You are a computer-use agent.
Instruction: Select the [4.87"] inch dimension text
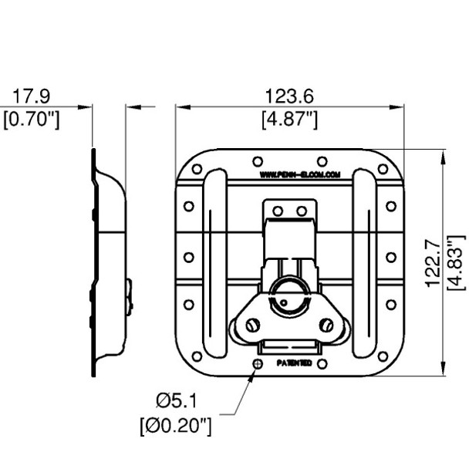289,120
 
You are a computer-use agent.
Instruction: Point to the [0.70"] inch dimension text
31,120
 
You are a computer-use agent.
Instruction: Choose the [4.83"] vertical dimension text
456,262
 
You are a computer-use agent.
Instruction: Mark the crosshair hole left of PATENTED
258,363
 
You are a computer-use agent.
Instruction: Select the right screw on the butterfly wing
329,325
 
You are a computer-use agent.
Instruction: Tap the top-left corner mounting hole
198,169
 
